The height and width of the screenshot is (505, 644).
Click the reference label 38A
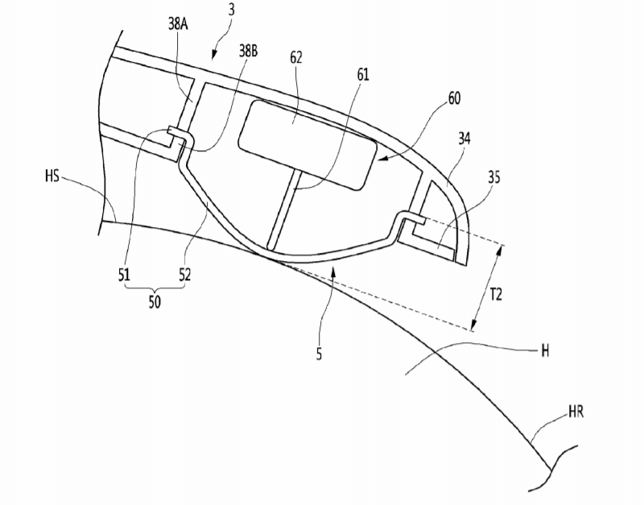click(178, 24)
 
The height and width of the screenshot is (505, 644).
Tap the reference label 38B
click(249, 51)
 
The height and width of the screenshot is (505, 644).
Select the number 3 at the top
click(232, 10)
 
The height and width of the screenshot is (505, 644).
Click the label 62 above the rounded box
click(296, 57)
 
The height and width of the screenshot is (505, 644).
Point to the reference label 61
click(363, 74)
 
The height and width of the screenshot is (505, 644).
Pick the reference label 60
click(454, 98)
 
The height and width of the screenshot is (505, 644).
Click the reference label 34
click(464, 139)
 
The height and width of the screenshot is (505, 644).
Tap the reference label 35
click(494, 177)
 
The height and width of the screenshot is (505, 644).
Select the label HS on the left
click(52, 176)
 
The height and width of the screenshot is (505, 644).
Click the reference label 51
click(124, 274)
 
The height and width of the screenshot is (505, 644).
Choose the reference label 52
click(185, 274)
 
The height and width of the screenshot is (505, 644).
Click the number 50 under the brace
click(155, 302)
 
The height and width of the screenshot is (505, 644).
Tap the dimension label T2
click(496, 294)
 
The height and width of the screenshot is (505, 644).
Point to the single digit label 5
click(319, 354)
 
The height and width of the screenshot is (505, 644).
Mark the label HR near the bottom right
click(576, 412)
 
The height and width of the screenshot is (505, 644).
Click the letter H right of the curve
click(545, 351)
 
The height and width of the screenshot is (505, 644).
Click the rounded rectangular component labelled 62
click(308, 145)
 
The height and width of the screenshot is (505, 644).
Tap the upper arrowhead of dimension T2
click(500, 249)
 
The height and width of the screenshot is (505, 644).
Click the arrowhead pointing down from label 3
click(214, 56)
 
